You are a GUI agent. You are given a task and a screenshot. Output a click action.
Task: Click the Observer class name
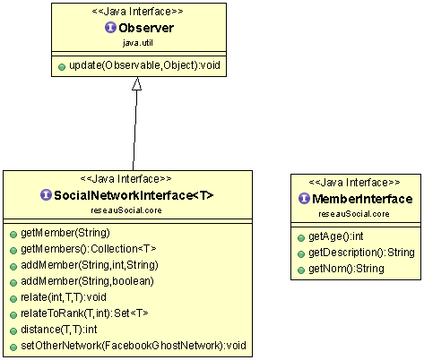(146, 28)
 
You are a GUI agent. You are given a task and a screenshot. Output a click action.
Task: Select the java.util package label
(138, 43)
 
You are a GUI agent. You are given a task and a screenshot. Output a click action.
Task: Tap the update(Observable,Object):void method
(144, 65)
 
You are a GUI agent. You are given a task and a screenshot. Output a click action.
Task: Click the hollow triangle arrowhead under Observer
(136, 83)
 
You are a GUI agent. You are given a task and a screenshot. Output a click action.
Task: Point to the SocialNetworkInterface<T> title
(134, 195)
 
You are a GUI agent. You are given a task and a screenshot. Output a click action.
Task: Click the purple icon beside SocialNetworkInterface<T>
(46, 195)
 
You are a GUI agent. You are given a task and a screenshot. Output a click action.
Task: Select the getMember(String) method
(65, 233)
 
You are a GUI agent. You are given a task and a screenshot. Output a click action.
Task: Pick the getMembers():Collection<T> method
(89, 249)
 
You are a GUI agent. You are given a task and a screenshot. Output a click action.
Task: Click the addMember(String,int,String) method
(90, 265)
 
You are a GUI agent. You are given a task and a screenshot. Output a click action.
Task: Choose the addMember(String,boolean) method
(87, 281)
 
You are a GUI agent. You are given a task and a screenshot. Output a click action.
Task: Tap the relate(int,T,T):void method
(64, 297)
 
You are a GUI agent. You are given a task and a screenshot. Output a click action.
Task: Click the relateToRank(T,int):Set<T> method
(84, 313)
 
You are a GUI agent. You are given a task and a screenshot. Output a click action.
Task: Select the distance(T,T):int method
(59, 330)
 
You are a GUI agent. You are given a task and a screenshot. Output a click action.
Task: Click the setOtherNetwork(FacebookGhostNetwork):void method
(134, 346)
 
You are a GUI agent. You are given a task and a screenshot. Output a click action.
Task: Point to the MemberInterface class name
(362, 199)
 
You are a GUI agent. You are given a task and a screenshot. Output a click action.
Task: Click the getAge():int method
(336, 236)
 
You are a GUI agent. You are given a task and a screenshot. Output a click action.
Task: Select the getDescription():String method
(361, 253)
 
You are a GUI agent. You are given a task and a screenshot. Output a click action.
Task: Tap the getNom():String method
(346, 269)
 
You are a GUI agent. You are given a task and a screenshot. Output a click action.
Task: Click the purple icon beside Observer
(110, 28)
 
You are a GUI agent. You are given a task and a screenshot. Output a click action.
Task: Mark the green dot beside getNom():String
(301, 270)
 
